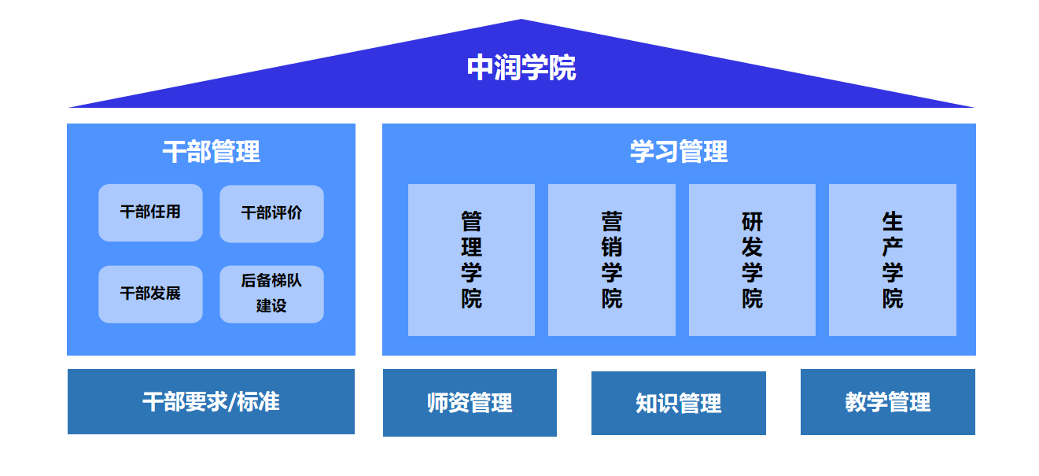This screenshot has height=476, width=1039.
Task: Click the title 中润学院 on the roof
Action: (521, 68)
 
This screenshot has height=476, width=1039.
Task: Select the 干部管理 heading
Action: (211, 151)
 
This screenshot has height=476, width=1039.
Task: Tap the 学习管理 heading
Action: (678, 151)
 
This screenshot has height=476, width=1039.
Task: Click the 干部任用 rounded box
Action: (150, 212)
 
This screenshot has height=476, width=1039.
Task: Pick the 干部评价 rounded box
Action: (271, 213)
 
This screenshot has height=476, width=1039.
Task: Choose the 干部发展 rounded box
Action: (150, 293)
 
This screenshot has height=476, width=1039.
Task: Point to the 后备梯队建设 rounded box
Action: (271, 293)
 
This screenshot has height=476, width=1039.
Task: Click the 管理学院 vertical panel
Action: (471, 260)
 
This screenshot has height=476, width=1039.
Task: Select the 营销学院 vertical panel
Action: (612, 260)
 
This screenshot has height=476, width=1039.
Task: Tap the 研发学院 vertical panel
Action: (752, 260)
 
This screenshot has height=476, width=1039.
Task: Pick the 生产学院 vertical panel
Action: (893, 260)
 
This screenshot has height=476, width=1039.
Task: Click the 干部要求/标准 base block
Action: (211, 401)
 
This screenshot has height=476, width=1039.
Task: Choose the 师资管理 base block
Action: (470, 403)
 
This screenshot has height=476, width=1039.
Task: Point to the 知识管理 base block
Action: (679, 403)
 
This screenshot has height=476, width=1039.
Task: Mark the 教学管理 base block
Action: (888, 402)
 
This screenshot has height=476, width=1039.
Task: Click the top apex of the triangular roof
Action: (521, 21)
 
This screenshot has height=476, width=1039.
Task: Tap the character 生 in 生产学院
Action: (893, 221)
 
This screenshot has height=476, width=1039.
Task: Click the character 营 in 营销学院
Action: (612, 221)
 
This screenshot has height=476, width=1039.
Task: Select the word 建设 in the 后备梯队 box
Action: (271, 306)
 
